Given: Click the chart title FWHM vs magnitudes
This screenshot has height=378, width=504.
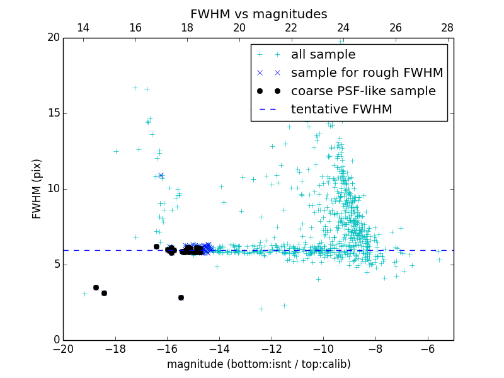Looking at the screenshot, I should pos(258,14).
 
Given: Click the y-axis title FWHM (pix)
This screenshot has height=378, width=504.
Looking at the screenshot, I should pos(37,188).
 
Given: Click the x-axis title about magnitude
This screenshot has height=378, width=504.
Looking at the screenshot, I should pos(258,364).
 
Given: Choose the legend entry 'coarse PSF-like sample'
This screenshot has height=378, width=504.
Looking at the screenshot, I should pos(363,91).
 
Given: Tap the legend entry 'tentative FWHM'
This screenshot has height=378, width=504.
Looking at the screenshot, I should pos(341,110).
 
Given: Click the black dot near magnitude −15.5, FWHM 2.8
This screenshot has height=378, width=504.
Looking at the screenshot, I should pos(181,297).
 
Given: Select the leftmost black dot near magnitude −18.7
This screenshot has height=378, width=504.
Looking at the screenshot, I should pos(96,287).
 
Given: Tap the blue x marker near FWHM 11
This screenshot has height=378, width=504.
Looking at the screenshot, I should pos(161,175).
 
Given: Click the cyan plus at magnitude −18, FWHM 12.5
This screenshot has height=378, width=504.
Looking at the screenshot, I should pos(116,151).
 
